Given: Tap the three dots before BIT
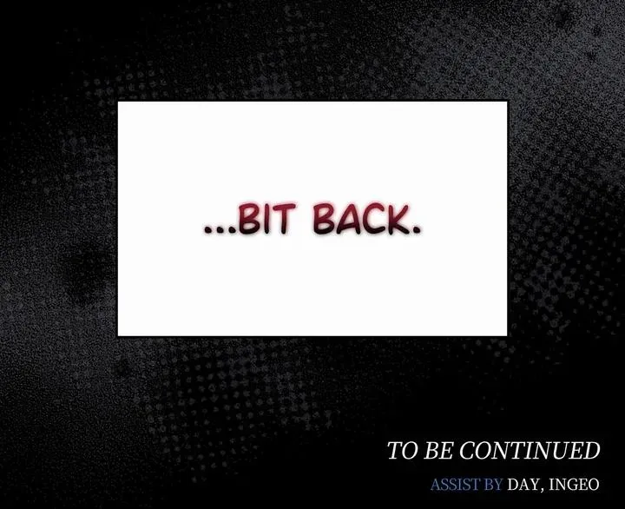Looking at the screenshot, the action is click(x=220, y=230).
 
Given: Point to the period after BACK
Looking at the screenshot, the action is click(x=416, y=230).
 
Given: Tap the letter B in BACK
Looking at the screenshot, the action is click(x=323, y=219).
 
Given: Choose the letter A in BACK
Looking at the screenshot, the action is click(x=346, y=219).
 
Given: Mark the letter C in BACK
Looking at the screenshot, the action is click(x=372, y=219).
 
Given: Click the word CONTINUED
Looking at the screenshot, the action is click(x=530, y=451).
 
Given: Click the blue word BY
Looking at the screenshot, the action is click(x=493, y=485).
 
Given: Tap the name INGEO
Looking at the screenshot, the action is click(x=574, y=485).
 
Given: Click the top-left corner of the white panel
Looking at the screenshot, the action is click(x=117, y=102).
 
